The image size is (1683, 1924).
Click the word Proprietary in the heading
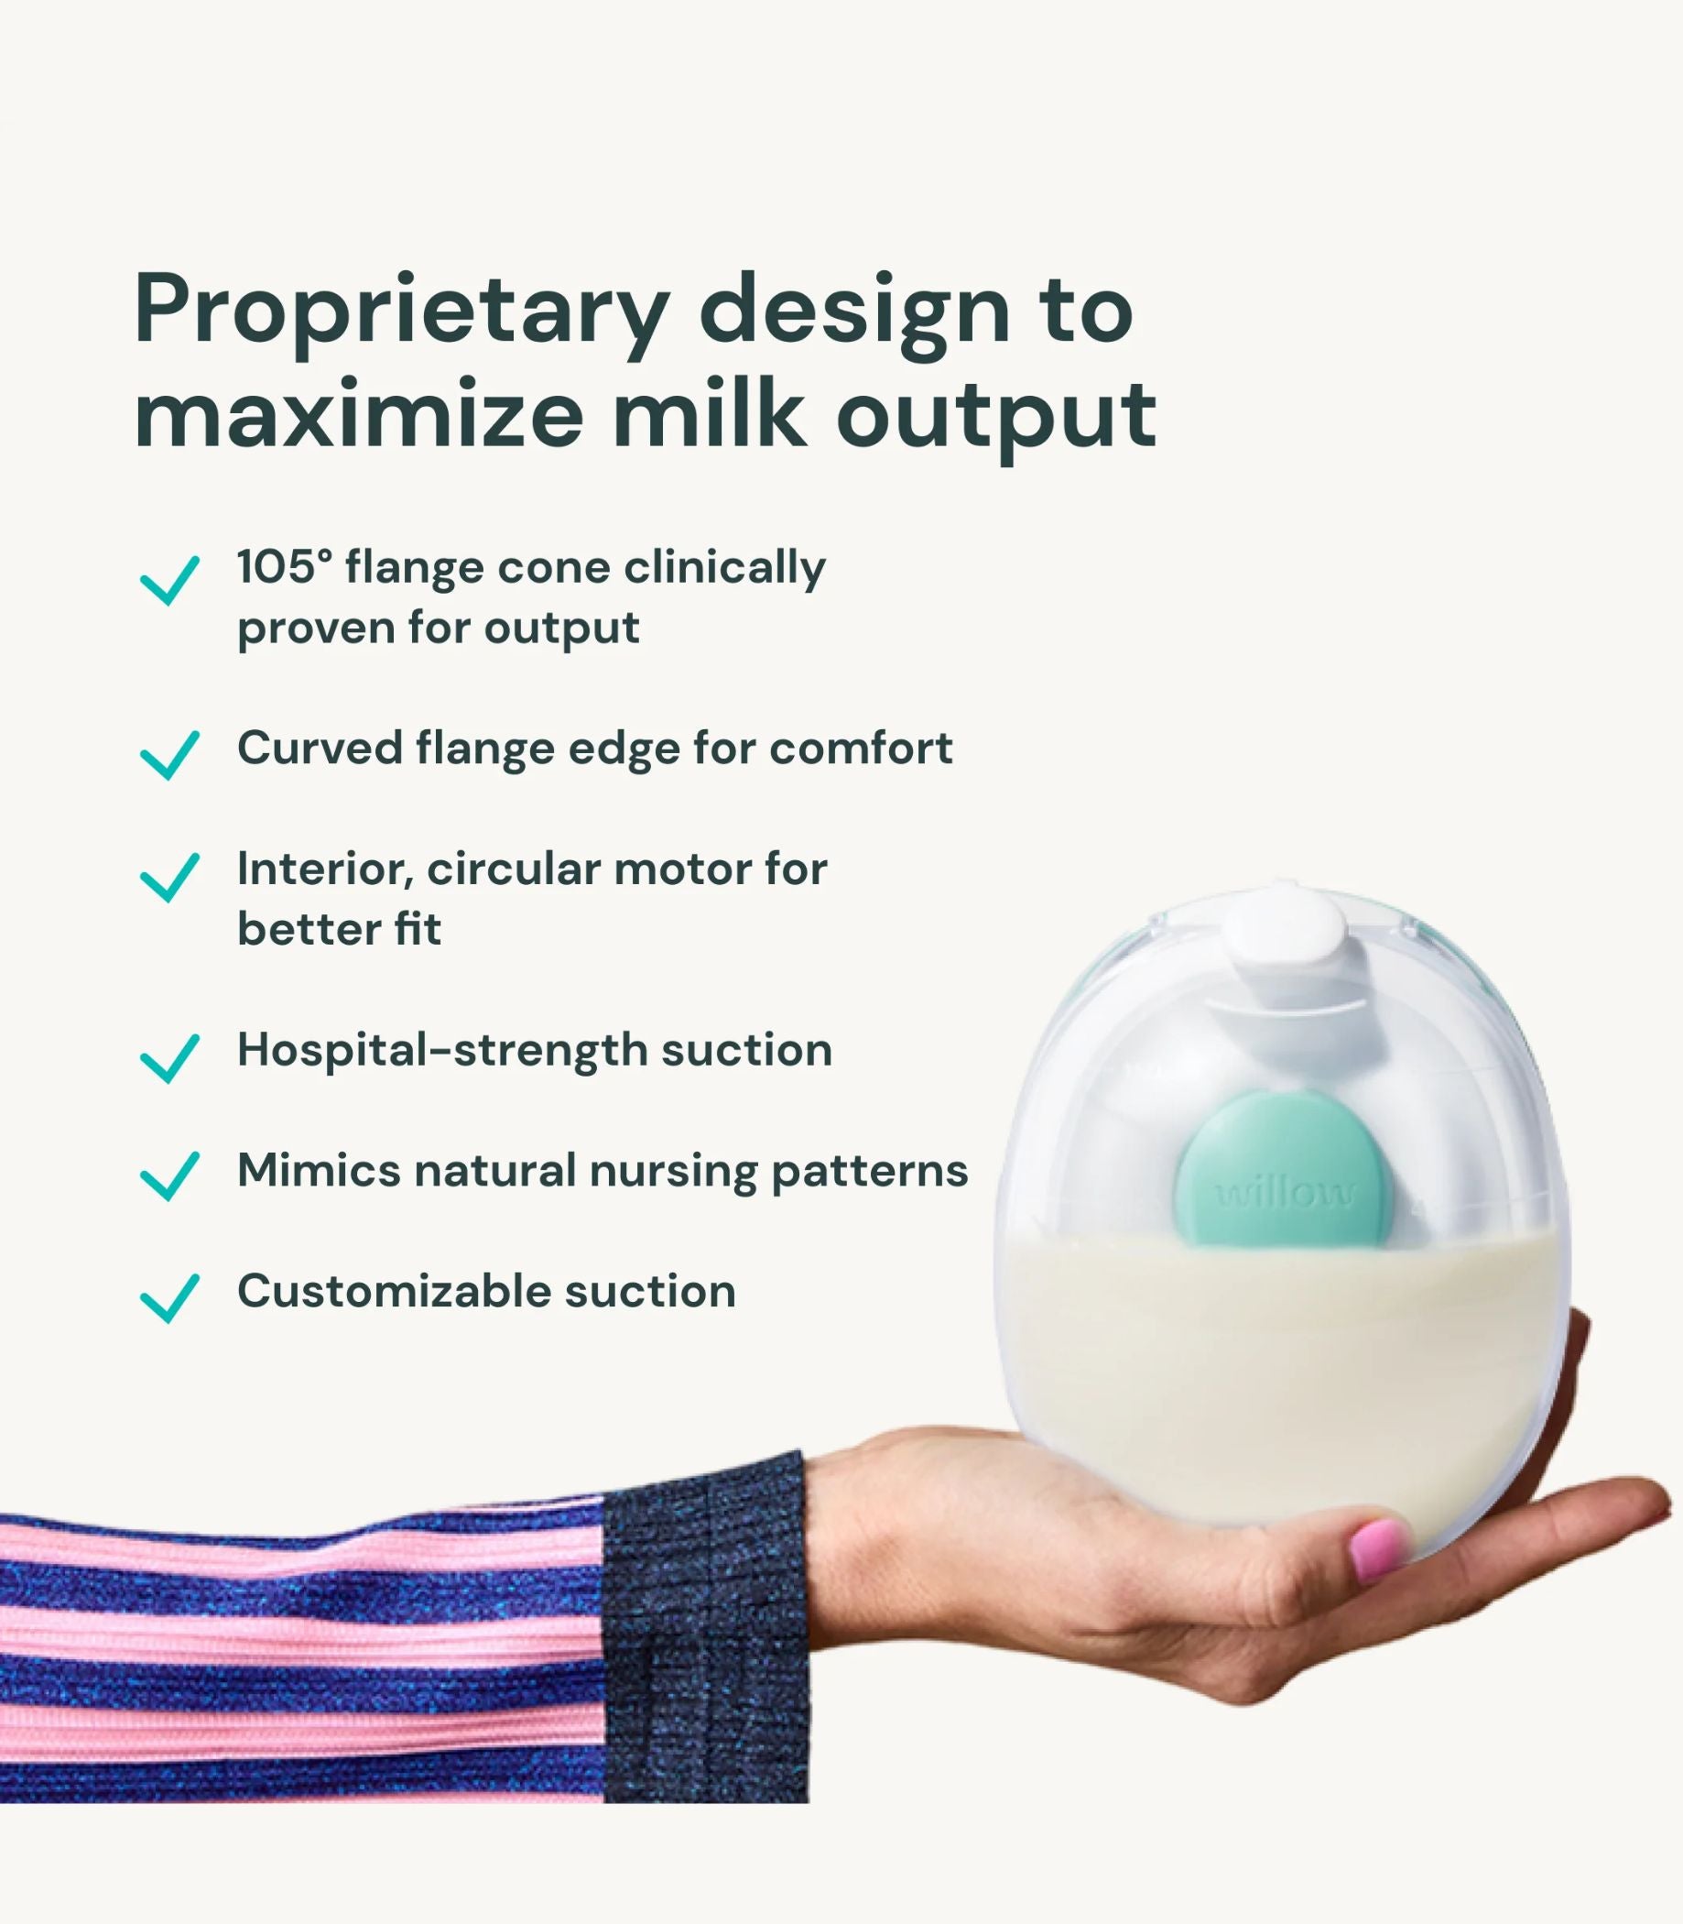point(403,313)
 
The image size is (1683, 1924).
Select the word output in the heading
point(996,420)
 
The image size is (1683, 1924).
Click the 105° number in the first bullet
point(285,567)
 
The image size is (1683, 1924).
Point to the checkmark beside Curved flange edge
point(169,754)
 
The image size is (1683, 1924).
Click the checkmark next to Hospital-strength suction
point(169,1057)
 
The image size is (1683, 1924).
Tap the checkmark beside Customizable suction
point(169,1297)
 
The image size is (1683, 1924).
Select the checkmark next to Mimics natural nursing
point(169,1175)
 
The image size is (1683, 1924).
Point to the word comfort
point(862,749)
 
